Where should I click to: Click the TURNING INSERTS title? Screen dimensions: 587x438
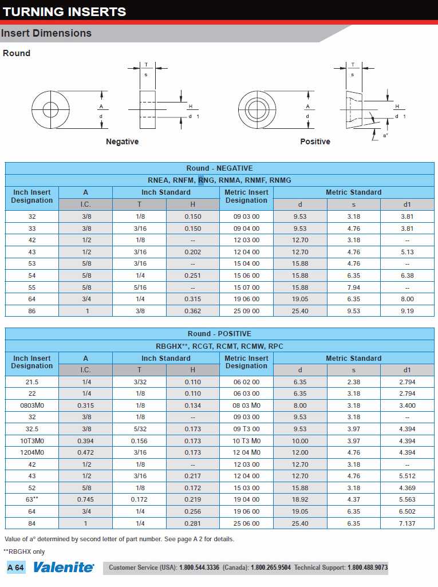pos(64,11)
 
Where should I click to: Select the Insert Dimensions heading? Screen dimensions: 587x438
pos(46,33)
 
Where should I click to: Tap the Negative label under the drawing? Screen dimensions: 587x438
pos(122,141)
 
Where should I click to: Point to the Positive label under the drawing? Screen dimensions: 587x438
pos(315,141)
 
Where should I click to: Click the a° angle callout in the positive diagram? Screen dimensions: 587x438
pos(385,135)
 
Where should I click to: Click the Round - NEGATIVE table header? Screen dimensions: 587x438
pos(219,168)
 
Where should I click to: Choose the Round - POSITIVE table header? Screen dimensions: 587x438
pos(219,334)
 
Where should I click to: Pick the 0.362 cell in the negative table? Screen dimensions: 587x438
pos(192,311)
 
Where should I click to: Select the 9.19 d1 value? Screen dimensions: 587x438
pos(407,311)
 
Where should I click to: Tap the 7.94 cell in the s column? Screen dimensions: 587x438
pos(353,287)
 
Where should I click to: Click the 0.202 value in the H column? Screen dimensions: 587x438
pos(192,252)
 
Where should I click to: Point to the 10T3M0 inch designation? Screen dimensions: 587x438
pos(32,441)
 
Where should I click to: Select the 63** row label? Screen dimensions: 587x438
pos(32,500)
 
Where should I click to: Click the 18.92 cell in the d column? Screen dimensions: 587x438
pos(300,500)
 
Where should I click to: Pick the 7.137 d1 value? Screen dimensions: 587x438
pos(407,523)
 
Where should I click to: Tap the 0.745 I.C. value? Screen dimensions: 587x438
pos(85,500)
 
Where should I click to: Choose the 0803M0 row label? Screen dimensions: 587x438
pos(32,405)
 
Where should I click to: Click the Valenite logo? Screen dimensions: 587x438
pos(64,568)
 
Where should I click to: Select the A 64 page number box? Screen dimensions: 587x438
pos(16,568)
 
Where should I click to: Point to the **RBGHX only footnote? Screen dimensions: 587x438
pos(24,551)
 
